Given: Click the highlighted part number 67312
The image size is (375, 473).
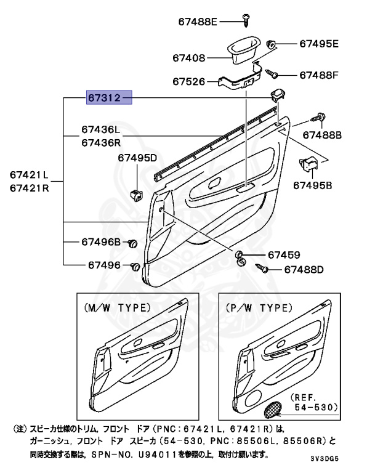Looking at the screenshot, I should point(109,97).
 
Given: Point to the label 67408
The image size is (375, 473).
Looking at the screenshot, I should point(188,58).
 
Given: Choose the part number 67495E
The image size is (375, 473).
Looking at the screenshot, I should point(319,44).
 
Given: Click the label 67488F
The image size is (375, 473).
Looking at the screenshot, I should point(319,75).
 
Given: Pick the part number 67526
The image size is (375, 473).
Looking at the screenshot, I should point(188,81).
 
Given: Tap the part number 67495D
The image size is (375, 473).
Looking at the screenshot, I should point(137,158).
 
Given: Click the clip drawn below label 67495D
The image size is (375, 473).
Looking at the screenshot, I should point(136,194).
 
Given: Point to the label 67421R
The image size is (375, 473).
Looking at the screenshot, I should point(28,188).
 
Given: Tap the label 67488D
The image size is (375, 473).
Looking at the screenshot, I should point(303,270).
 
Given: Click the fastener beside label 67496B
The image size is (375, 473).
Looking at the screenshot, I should point(132,244).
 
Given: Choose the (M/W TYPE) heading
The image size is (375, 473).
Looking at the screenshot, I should point(116,307).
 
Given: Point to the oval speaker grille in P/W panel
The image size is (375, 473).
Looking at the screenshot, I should point(273,407).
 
